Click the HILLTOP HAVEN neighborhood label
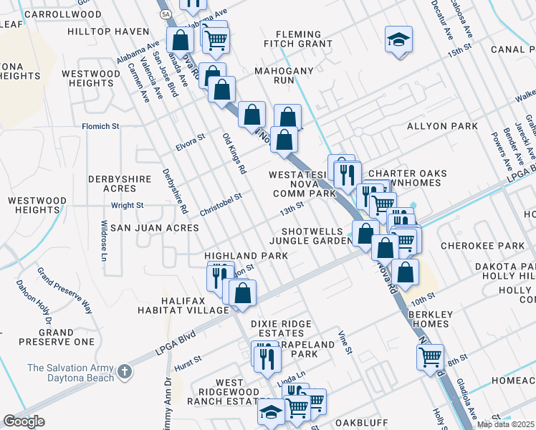point(107,32)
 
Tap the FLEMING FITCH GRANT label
point(305,39)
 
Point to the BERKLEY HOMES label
point(431,319)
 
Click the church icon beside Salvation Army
point(125,371)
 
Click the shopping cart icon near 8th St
point(429,355)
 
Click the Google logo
point(24,421)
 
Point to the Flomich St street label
point(100,126)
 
